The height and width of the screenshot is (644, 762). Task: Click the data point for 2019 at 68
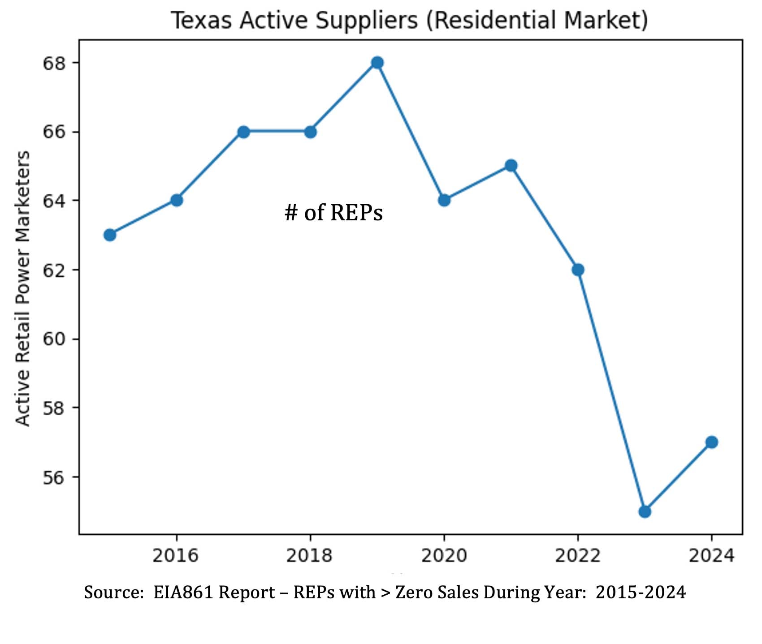point(377,63)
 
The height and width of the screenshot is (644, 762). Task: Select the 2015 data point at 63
point(110,235)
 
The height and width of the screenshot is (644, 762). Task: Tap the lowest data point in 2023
point(645,511)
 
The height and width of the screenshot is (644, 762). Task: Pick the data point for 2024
point(711,442)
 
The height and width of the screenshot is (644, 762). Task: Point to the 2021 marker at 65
point(511,166)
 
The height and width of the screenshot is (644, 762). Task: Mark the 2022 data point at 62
point(578,270)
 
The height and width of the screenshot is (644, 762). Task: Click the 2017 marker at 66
point(243,132)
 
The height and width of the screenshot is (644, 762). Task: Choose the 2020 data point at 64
point(444,200)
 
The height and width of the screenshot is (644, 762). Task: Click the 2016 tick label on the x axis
point(175,556)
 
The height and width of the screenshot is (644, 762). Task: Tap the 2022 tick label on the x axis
point(577,556)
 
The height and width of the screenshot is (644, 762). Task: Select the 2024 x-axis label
point(711,556)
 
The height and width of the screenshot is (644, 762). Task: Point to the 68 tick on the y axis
point(54,63)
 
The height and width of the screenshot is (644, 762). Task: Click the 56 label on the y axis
point(54,477)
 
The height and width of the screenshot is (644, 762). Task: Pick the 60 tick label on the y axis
point(54,339)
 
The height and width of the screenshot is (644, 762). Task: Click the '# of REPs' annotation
point(333,212)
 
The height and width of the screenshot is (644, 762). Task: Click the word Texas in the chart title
point(201,21)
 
